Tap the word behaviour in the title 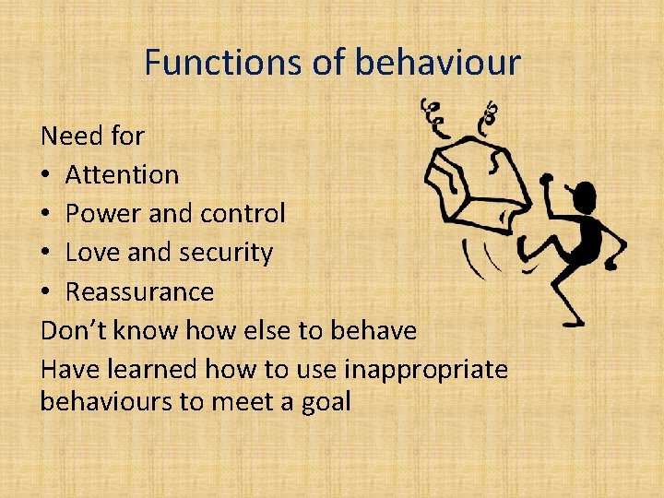tap(438, 63)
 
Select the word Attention tap(123, 174)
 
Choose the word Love tap(92, 252)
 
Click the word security tap(226, 253)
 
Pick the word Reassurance tap(139, 291)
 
